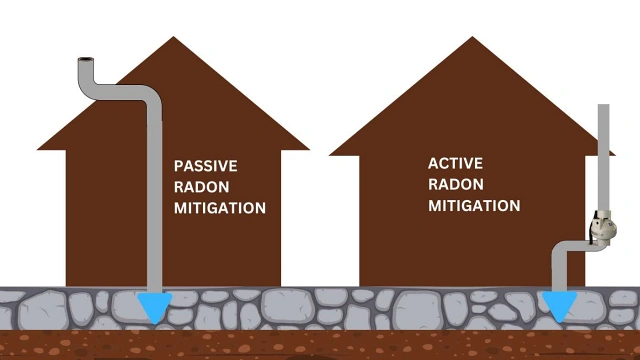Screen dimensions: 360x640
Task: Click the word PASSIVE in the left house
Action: pyautogui.click(x=206, y=165)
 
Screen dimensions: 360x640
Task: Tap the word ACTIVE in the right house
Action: pyautogui.click(x=456, y=162)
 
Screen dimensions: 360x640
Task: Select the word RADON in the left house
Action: pyautogui.click(x=202, y=187)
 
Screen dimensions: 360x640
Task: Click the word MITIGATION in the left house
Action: pyautogui.click(x=220, y=209)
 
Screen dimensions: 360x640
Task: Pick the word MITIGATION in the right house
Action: pyautogui.click(x=474, y=206)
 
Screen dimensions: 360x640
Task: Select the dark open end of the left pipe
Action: pyautogui.click(x=85, y=62)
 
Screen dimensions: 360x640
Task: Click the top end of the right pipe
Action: pyautogui.click(x=603, y=106)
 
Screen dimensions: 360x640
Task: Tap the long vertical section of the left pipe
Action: pyautogui.click(x=154, y=200)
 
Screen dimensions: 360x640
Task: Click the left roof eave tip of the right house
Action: pyautogui.click(x=331, y=154)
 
